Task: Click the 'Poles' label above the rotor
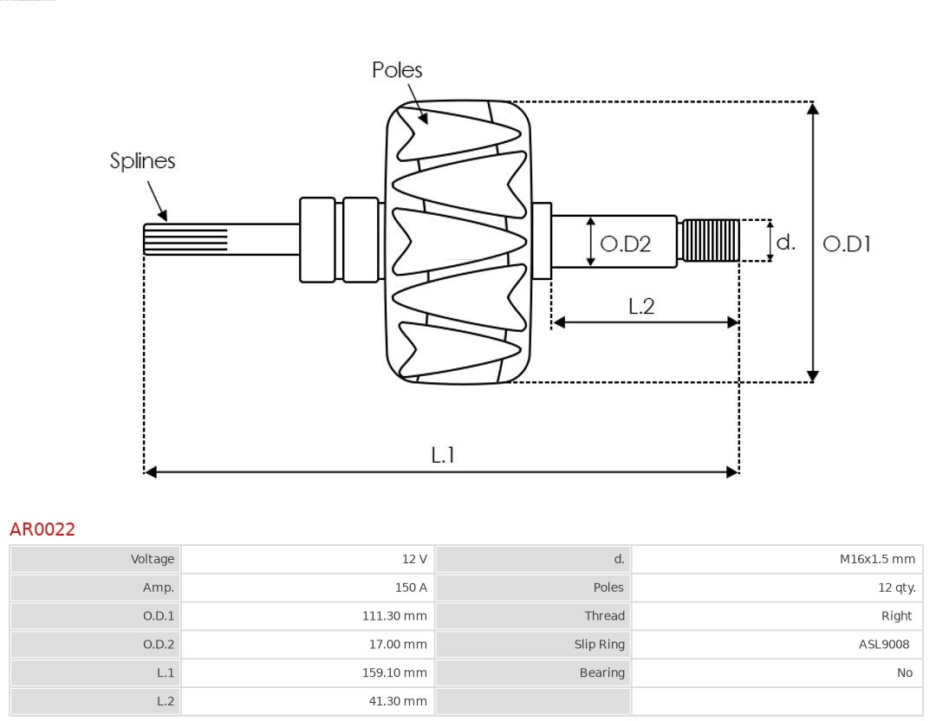click(397, 70)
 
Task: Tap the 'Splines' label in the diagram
click(142, 161)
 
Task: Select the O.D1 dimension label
click(846, 244)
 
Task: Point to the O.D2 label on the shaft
click(625, 244)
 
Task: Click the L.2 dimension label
click(641, 306)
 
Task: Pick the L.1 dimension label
click(443, 455)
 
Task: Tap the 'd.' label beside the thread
click(785, 243)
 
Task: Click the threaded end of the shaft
click(711, 241)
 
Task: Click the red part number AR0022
click(42, 529)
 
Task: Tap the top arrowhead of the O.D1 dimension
click(812, 108)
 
